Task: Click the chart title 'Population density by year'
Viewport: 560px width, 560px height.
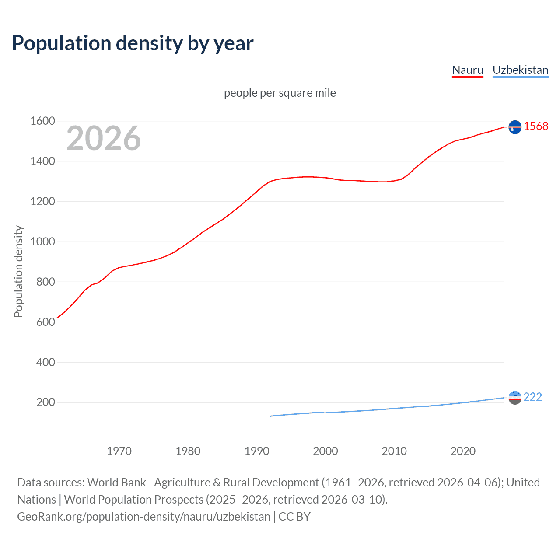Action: [x=133, y=43]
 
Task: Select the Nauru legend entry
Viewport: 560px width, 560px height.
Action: [x=467, y=70]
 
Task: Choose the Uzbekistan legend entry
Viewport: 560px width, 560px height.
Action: [x=520, y=70]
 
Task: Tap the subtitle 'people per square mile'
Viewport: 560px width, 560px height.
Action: [x=280, y=93]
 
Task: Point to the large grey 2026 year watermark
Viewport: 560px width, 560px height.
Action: [x=104, y=138]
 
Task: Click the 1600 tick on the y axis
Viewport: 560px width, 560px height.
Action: [x=42, y=121]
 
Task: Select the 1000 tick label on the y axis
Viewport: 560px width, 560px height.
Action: [x=42, y=241]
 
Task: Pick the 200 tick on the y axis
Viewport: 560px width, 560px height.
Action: [x=45, y=402]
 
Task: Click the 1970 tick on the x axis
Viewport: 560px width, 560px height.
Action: [x=119, y=451]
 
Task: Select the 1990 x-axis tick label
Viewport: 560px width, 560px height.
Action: [x=257, y=451]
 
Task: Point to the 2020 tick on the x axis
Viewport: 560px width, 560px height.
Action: [x=463, y=451]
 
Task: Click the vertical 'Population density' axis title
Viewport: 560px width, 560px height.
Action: [x=18, y=271]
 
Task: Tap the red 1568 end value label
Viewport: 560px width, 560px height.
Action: [x=535, y=126]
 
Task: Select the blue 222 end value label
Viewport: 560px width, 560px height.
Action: [x=532, y=397]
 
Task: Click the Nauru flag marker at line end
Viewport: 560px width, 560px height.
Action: [x=515, y=127]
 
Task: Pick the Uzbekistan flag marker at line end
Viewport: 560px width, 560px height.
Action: [x=515, y=398]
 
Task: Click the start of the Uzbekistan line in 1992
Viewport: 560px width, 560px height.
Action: [x=271, y=416]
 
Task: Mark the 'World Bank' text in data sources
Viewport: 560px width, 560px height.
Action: [x=116, y=483]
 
